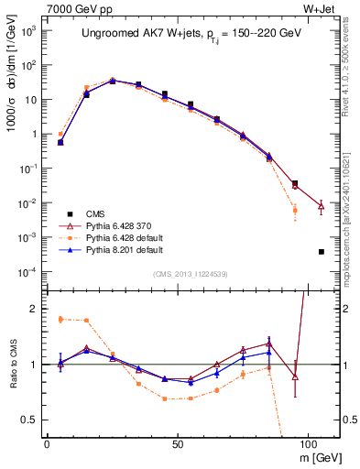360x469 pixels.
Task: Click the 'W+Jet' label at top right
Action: pos(322,8)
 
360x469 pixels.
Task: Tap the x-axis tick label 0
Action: pos(47,442)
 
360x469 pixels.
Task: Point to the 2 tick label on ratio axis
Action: pos(35,309)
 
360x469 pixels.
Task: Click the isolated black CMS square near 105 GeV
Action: pos(321,252)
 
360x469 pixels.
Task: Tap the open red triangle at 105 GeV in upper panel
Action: pos(321,207)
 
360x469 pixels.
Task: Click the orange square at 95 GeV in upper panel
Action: pos(295,211)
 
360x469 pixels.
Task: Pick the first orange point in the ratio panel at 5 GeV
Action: pos(60,319)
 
